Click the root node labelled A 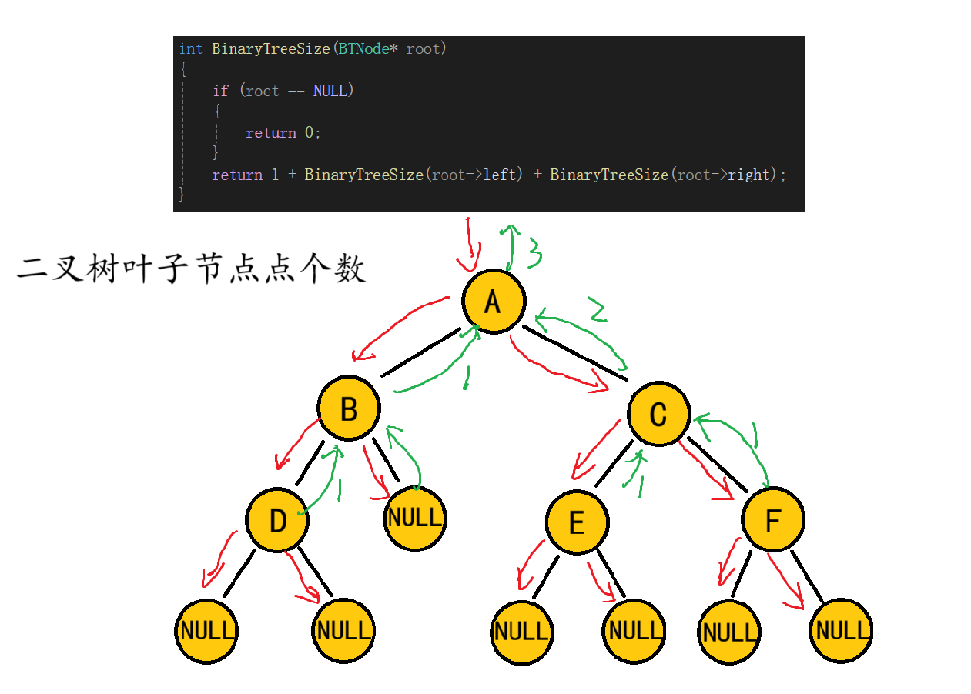click(494, 301)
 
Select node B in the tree click(349, 409)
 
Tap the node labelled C click(658, 414)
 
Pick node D click(277, 521)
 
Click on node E click(577, 523)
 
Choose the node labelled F click(773, 519)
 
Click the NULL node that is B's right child click(415, 517)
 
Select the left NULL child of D click(206, 631)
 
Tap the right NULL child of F click(841, 631)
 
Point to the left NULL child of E click(522, 632)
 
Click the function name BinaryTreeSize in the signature click(271, 49)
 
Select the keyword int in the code click(190, 49)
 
